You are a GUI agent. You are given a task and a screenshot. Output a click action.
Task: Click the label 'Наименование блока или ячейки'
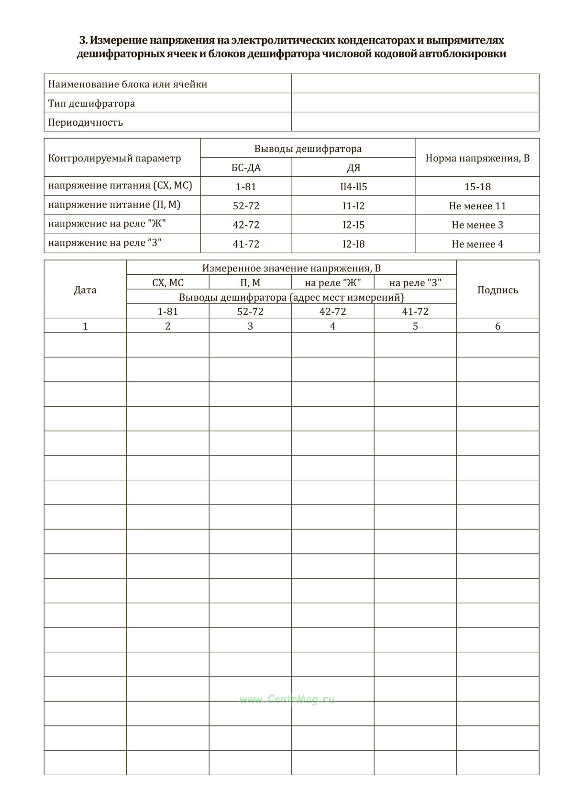tap(128, 85)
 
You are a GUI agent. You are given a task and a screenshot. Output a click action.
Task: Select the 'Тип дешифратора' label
tap(91, 103)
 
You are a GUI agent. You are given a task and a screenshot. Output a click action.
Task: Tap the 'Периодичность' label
tap(86, 122)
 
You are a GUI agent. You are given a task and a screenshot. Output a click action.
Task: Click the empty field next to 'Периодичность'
tap(415, 122)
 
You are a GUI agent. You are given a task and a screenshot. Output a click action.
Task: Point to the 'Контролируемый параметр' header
tap(115, 158)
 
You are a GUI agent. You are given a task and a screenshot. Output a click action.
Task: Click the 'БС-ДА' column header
tap(246, 168)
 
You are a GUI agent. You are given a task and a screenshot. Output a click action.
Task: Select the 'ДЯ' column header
tap(353, 168)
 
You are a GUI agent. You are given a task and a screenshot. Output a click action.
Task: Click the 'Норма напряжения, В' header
tap(477, 158)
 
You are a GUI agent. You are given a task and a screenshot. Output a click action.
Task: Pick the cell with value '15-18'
tap(477, 187)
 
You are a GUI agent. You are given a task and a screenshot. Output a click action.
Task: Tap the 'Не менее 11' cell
tap(477, 206)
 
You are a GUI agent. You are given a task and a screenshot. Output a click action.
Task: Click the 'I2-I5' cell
tap(353, 225)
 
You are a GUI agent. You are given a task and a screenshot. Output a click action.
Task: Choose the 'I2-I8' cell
tap(353, 244)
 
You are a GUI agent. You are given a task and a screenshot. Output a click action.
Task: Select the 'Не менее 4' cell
tap(477, 244)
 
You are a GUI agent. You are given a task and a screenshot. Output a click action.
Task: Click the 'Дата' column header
tap(85, 290)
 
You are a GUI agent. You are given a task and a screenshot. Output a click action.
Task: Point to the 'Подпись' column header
tap(497, 290)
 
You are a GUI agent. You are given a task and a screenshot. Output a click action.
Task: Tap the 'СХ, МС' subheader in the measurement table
tap(167, 283)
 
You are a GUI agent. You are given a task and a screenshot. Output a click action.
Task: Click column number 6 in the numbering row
tap(497, 326)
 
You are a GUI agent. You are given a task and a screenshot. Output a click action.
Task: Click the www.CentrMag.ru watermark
tap(287, 699)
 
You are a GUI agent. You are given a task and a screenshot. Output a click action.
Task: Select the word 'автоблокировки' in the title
tap(463, 54)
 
